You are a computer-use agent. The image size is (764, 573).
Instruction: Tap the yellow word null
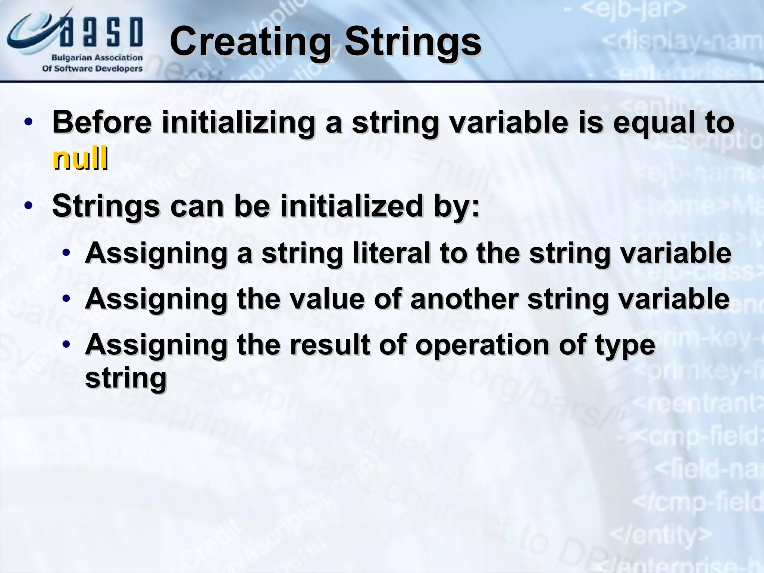coord(80,159)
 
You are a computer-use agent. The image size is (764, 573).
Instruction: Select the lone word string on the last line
coord(126,379)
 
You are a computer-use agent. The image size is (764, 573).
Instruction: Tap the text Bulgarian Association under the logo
coord(97,58)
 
